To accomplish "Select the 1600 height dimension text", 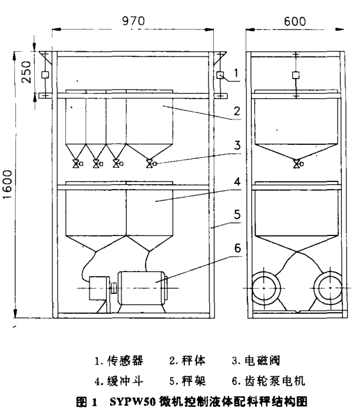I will tap(9, 184).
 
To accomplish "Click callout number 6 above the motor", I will tap(236, 250).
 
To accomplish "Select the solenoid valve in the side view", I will tap(296, 164).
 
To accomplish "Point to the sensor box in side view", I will tap(295, 75).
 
